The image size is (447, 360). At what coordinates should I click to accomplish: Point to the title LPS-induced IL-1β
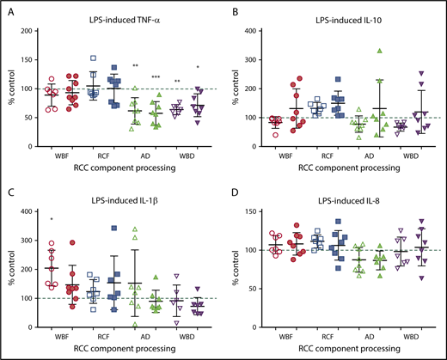128,193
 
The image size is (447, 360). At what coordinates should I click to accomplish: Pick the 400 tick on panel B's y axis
259,31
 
